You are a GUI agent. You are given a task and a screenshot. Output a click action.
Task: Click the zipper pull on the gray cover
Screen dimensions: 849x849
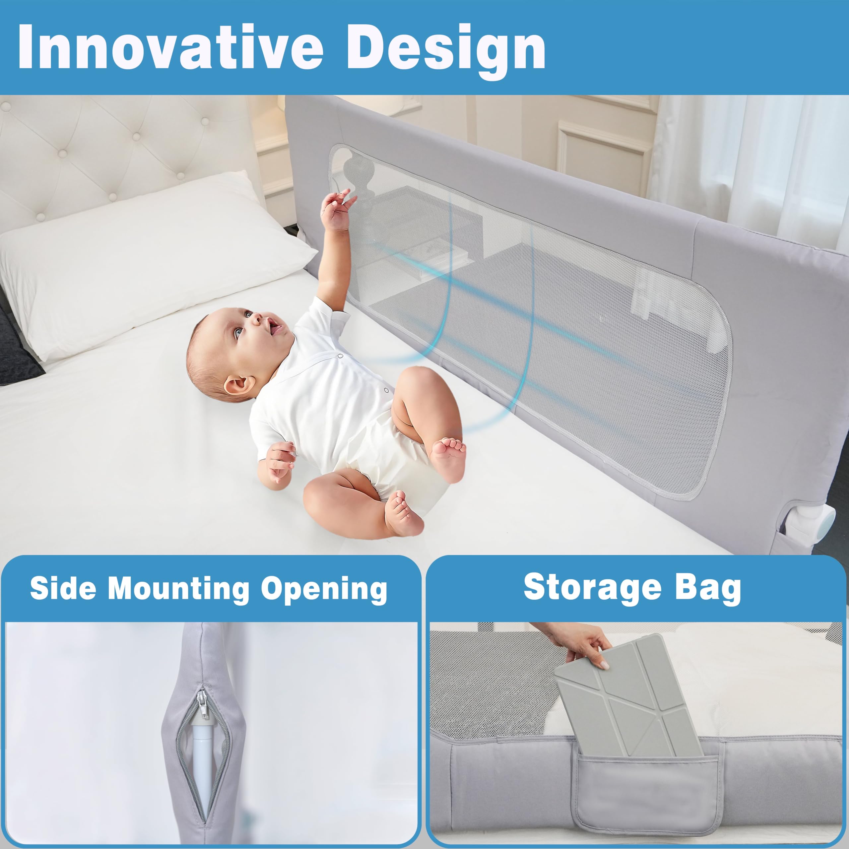pos(203,704)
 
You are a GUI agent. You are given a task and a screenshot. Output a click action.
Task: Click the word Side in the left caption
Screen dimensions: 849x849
pos(63,588)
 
